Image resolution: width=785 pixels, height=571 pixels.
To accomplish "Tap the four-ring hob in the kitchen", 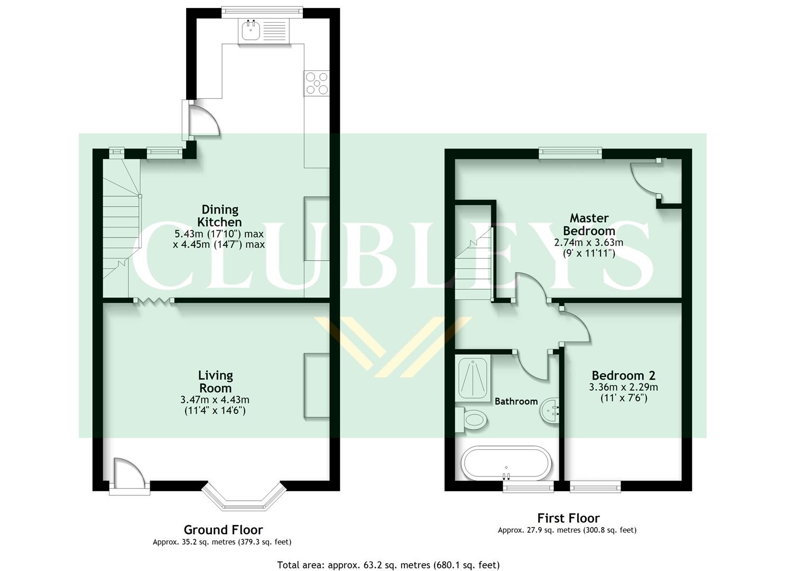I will (317, 83).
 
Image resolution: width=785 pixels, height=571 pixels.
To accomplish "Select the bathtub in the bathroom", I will (506, 464).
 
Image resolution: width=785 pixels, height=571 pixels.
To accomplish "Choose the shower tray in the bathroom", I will (473, 378).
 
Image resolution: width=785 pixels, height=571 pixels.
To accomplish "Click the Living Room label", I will (215, 382).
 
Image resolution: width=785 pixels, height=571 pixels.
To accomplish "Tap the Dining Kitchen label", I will (219, 216).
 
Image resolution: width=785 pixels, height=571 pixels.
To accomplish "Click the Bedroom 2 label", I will (623, 375).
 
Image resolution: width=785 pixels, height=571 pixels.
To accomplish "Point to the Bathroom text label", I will (516, 401).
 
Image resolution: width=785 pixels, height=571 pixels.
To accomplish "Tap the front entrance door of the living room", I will (130, 476).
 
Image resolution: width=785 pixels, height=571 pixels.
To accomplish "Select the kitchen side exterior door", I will (201, 119).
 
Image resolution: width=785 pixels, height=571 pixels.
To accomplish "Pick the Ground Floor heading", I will (223, 529).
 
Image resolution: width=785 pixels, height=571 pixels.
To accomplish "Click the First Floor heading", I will (568, 518).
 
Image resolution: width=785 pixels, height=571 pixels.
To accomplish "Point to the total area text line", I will (388, 565).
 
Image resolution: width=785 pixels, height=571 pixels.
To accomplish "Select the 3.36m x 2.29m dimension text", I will (623, 387).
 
